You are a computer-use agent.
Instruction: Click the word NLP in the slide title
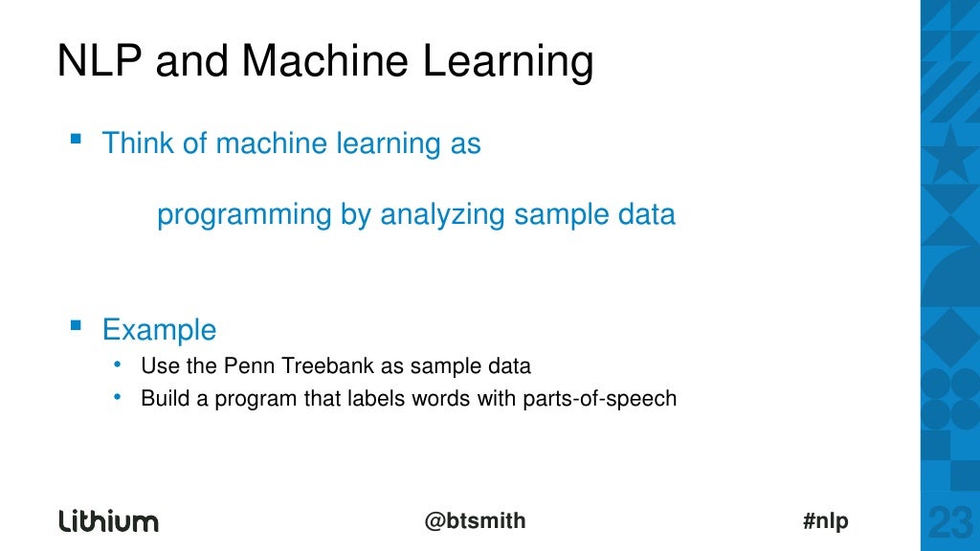click(100, 61)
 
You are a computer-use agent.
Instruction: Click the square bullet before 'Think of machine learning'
click(76, 140)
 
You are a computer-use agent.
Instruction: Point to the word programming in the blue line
click(245, 215)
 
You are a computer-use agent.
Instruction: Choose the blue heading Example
click(159, 331)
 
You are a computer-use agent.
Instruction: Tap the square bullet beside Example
click(76, 326)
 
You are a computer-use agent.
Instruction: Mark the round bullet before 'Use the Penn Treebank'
click(117, 364)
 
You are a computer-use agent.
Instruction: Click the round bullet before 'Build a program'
click(117, 397)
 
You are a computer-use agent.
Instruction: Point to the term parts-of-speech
click(599, 399)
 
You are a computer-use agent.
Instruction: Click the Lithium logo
click(108, 521)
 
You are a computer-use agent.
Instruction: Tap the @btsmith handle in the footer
click(475, 521)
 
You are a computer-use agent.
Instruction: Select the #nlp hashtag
click(825, 521)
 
